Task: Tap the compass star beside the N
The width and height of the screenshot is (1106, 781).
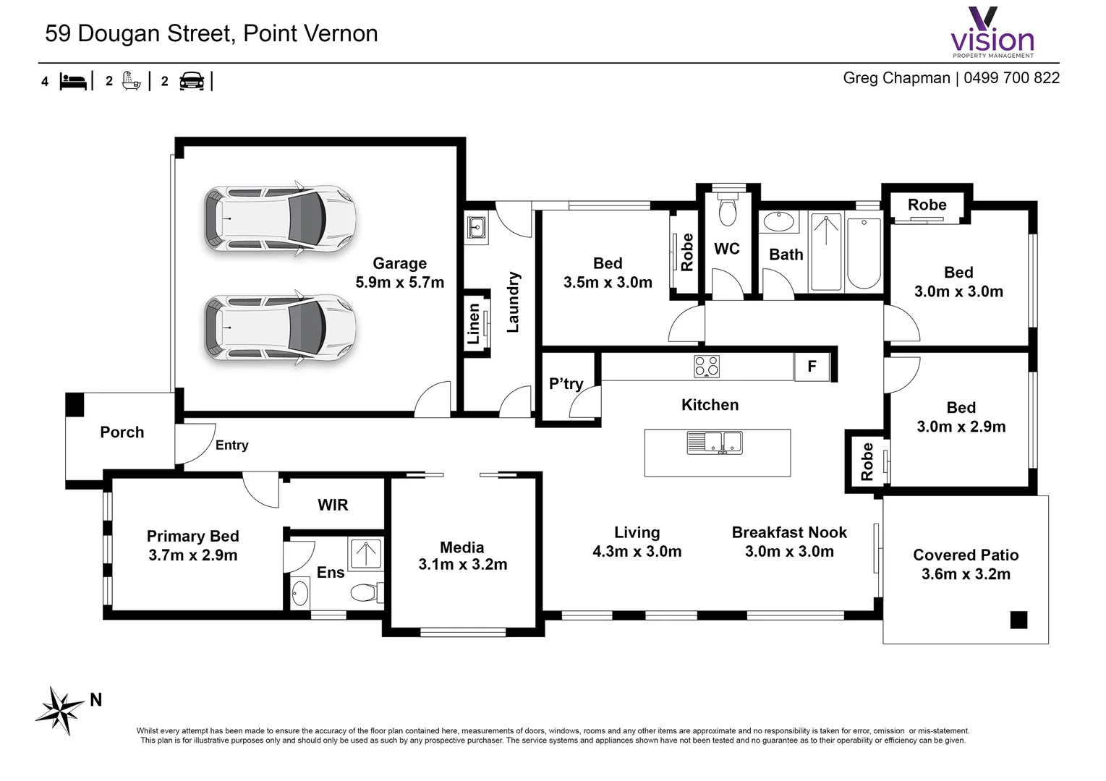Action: [x=59, y=709]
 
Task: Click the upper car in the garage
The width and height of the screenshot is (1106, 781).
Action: [x=279, y=218]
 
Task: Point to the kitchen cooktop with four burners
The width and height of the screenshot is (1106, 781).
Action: [x=706, y=367]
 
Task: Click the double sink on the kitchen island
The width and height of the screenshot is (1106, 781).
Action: [x=714, y=442]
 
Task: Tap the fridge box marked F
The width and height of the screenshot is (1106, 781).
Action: [x=812, y=367]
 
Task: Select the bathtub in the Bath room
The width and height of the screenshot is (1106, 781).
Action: [x=864, y=253]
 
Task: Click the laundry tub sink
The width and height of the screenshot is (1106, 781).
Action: [x=476, y=227]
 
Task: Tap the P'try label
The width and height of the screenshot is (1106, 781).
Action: [x=566, y=383]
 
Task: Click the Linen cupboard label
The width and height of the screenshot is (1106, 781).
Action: [x=474, y=323]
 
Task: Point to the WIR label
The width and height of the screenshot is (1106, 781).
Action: [x=333, y=505]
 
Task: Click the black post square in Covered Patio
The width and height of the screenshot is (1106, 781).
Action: [x=1018, y=620]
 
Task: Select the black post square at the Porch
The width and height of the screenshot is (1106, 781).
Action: [x=75, y=405]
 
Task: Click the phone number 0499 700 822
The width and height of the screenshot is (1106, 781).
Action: [x=1011, y=78]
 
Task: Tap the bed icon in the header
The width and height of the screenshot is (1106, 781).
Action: [x=73, y=81]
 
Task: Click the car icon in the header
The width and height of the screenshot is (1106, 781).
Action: [x=192, y=81]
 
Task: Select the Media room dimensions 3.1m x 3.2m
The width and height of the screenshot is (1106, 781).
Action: [x=462, y=565]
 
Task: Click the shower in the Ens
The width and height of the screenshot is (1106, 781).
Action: [x=366, y=554]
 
